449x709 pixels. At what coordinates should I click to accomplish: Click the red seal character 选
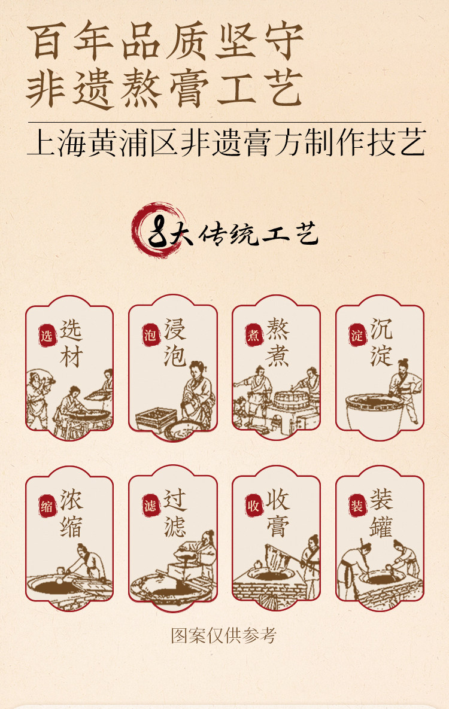(x=47, y=336)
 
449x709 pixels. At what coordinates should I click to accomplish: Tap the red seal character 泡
(x=150, y=336)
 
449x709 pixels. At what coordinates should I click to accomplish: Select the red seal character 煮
(x=253, y=336)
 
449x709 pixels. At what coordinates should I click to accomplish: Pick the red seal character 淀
(x=357, y=336)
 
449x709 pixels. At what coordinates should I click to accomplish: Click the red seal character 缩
(x=47, y=506)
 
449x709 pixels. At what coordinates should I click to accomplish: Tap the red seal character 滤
(x=150, y=506)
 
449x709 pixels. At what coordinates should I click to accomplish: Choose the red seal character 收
(x=253, y=506)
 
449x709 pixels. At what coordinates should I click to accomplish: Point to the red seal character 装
(x=357, y=506)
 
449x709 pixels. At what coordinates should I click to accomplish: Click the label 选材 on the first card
(x=71, y=345)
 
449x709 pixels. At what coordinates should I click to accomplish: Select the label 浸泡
(x=175, y=345)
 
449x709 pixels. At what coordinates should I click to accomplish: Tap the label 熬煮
(x=278, y=345)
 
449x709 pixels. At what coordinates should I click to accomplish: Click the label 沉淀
(x=381, y=345)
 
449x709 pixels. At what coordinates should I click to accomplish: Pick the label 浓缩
(x=71, y=515)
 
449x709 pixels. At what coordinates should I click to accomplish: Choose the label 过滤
(x=175, y=515)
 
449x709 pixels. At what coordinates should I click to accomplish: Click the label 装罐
(x=381, y=515)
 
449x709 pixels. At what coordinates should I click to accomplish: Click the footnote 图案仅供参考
(x=224, y=635)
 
